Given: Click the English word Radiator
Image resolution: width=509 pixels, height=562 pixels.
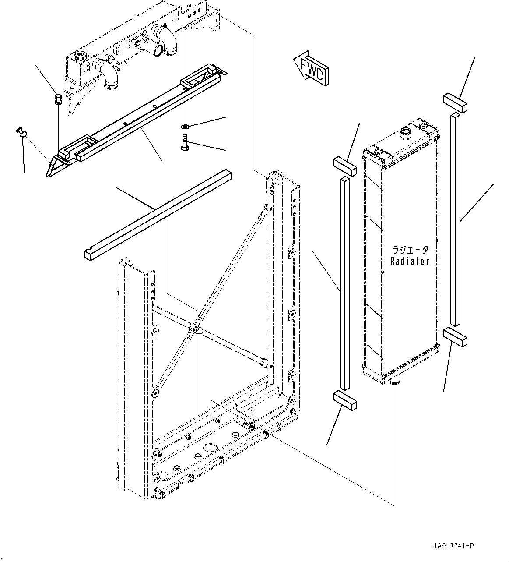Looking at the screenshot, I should coord(410,262).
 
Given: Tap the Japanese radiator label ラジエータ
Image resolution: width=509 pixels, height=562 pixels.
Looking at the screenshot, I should coord(410,250).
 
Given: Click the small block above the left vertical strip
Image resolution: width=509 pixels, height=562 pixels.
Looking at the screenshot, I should coord(345,167).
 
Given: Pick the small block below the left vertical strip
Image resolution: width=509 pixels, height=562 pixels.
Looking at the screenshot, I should coord(345,400).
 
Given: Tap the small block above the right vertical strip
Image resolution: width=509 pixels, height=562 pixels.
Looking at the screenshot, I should coord(455,103).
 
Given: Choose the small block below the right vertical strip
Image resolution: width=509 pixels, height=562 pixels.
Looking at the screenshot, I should coord(455,336).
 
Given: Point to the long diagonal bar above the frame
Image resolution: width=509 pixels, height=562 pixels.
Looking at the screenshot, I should coord(158,213).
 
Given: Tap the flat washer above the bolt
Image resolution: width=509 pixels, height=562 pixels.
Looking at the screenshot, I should coord(185,127).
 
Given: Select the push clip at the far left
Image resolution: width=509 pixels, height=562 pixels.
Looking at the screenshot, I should coord(21,131).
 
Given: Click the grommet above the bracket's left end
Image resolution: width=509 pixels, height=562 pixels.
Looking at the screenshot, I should coord(57,99).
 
